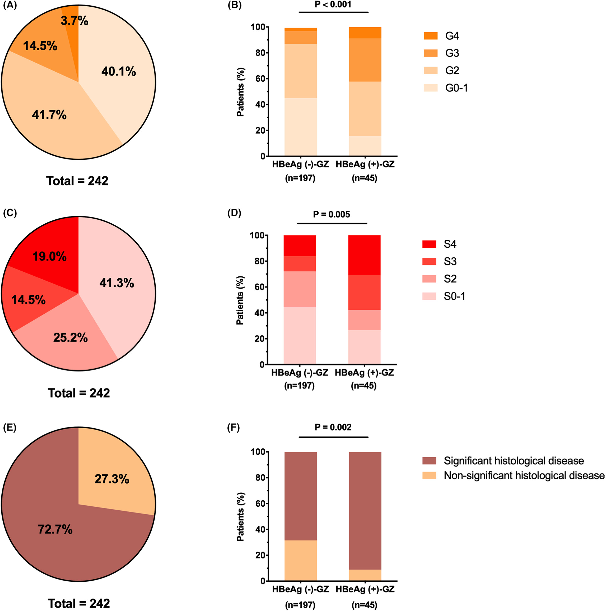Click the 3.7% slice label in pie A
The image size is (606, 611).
[x=74, y=21]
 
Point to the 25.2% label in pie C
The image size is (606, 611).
[x=70, y=338]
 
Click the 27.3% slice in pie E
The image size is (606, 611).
[x=112, y=479]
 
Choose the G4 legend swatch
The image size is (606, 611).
[x=430, y=36]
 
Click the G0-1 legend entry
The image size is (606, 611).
[x=456, y=88]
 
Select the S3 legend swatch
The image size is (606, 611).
[x=429, y=261]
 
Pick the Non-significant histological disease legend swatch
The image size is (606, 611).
[x=429, y=475]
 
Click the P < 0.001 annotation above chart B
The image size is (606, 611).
[x=333, y=5]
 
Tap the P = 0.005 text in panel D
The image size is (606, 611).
[x=331, y=214]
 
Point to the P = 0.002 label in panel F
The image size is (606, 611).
[x=333, y=428]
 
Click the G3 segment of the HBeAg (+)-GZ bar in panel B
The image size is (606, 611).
[x=365, y=60]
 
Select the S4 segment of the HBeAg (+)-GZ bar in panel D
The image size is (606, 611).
[x=364, y=255]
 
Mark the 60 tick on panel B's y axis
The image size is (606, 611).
[x=260, y=79]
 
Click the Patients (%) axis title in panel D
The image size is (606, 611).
[x=240, y=300]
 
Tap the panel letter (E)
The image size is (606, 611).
[x=10, y=428]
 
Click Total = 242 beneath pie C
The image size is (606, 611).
[x=79, y=393]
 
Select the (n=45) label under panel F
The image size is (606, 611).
[x=364, y=605]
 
